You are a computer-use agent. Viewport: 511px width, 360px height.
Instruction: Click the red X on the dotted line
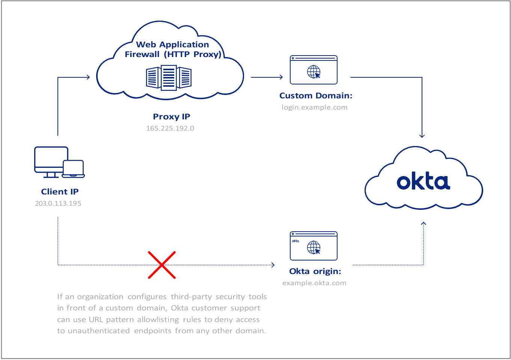162,265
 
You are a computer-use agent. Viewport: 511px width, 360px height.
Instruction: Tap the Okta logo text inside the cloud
423,182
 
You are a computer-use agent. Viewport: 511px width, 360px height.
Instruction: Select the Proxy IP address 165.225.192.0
170,128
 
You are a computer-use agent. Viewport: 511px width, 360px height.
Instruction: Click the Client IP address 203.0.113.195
58,203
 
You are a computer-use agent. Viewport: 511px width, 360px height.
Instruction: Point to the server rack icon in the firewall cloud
169,78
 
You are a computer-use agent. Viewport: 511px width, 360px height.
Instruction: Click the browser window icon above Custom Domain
314,70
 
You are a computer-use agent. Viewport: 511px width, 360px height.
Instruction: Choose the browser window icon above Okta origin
314,246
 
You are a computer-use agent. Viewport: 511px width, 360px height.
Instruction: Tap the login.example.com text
315,107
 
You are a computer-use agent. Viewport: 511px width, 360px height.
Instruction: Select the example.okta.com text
314,283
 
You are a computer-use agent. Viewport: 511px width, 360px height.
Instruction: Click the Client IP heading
60,192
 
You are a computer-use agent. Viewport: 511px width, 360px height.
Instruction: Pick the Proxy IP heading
172,117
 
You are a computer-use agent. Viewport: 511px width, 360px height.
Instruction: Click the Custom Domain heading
316,96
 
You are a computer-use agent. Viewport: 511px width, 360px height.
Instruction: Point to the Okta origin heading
315,271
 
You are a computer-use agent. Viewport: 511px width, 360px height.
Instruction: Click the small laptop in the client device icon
73,169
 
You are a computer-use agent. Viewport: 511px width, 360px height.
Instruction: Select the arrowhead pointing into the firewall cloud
88,77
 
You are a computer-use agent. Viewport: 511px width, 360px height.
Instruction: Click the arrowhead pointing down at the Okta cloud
422,136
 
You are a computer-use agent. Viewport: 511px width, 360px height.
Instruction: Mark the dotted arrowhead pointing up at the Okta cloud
424,224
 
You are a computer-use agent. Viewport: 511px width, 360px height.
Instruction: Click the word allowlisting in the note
158,320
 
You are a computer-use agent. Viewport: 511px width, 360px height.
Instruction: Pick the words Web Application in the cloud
172,45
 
